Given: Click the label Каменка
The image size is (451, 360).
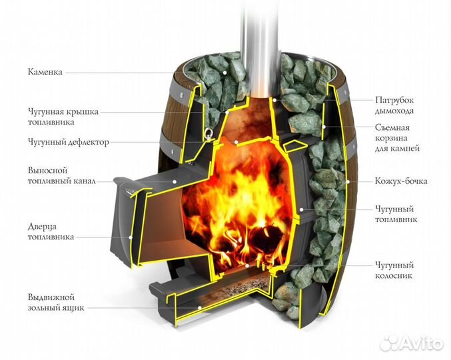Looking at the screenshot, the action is (45, 72).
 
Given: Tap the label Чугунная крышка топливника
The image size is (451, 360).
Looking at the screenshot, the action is (63, 117).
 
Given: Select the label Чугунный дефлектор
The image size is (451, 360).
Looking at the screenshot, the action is (69, 142).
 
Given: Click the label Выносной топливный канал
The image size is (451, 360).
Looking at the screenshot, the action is (62, 176).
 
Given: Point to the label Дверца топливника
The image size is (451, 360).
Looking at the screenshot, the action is (51, 231).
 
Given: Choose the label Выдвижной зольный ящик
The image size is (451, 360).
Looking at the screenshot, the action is (56, 302).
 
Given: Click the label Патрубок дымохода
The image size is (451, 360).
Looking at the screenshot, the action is (394, 105).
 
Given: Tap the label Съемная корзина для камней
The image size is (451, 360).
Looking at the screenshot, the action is (397, 138).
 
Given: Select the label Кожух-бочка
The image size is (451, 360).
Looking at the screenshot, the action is (401, 181).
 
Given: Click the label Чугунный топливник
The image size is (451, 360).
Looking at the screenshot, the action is (396, 214).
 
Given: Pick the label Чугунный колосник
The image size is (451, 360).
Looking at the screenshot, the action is (394, 270).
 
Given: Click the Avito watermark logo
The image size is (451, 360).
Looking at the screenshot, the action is (411, 343).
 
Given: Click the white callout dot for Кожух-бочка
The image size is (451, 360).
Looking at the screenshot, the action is (348, 181).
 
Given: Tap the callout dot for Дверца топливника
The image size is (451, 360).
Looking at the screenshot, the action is (131, 237).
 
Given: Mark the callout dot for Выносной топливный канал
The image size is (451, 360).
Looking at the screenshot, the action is (175, 181).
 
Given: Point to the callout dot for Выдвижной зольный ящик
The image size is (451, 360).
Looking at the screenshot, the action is (199, 307).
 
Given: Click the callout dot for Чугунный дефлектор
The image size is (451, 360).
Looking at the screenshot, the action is (236, 142).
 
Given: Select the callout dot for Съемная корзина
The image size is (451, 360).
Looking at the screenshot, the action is (324, 127).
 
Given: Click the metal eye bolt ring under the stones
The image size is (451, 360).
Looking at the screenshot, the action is (208, 133).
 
